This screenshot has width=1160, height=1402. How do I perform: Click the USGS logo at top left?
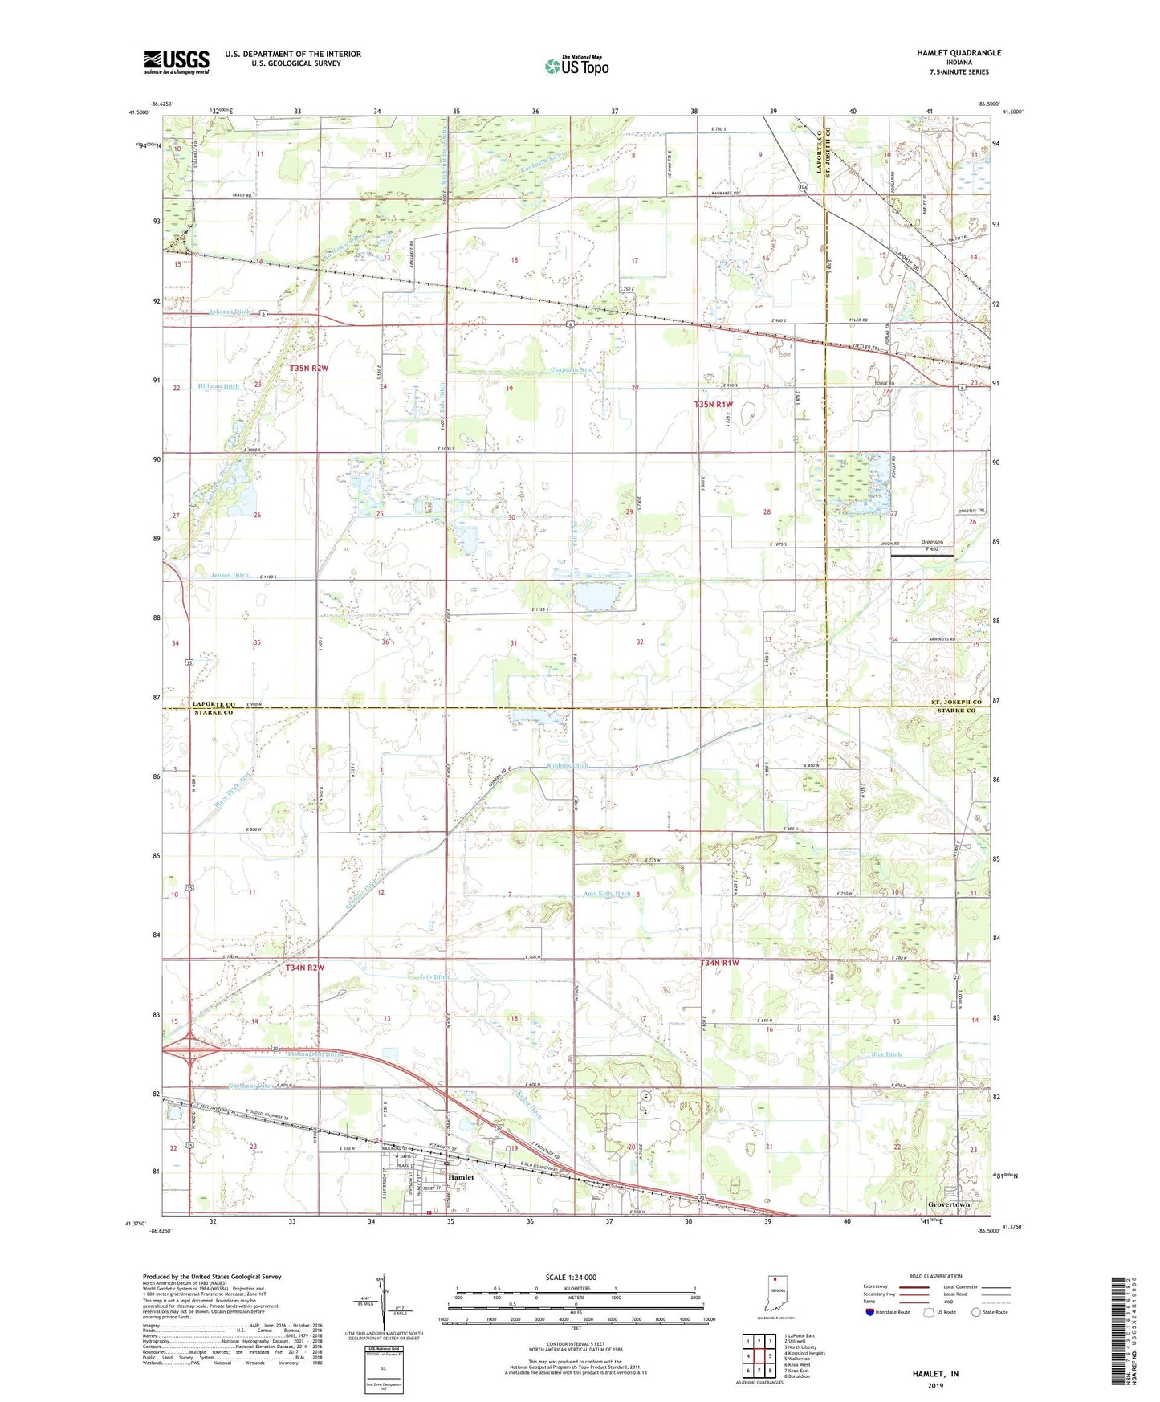(176, 62)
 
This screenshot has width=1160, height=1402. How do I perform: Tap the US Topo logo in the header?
(576, 67)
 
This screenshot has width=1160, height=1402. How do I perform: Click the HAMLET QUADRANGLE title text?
(959, 53)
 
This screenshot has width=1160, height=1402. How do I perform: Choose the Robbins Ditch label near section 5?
(568, 765)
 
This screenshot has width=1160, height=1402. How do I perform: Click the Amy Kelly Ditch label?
(607, 894)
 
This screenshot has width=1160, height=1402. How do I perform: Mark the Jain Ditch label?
(434, 976)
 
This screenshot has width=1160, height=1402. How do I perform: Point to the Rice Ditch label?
(886, 1054)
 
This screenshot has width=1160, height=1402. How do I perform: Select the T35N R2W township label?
(309, 368)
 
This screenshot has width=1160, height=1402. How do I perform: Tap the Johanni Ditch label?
(229, 312)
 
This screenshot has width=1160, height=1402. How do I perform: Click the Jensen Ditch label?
(229, 576)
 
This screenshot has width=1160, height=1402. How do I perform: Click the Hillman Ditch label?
(218, 387)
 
